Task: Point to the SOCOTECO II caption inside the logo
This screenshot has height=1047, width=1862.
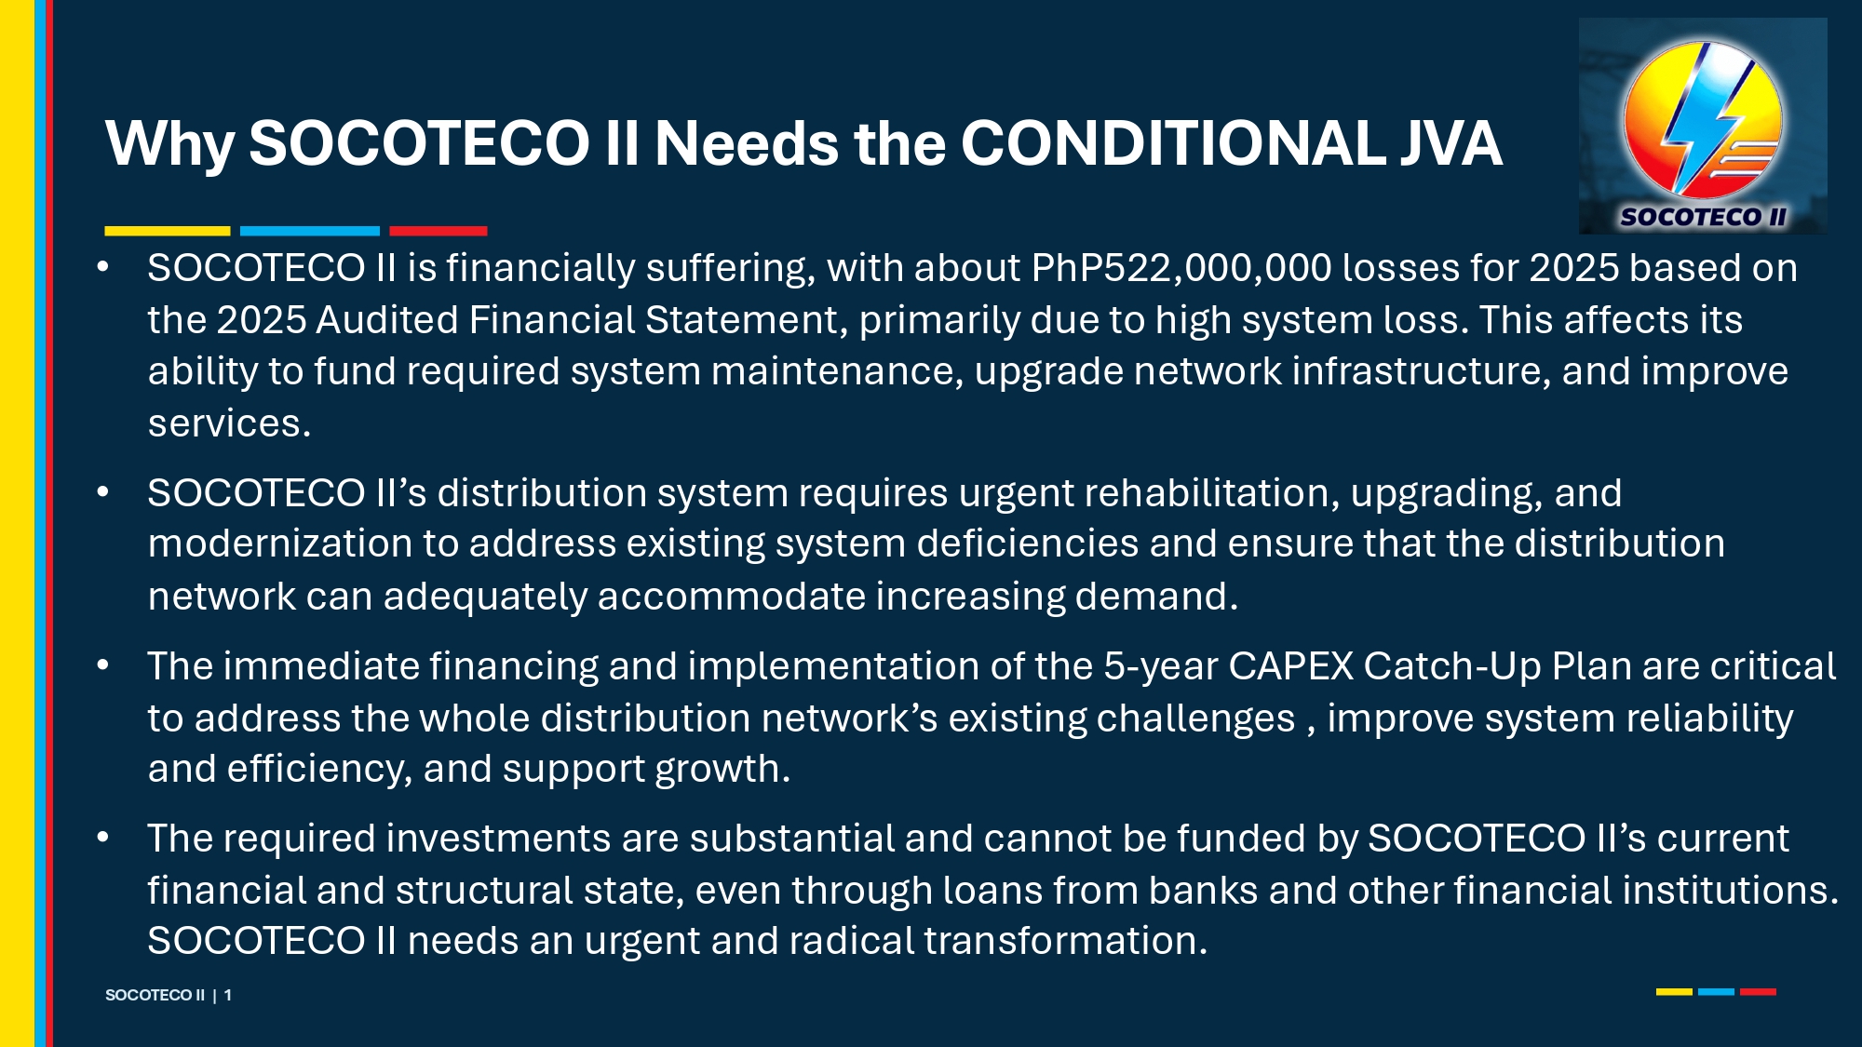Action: (x=1703, y=217)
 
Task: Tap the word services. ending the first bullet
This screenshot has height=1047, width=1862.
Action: (x=229, y=423)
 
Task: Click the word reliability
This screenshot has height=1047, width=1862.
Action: (x=1709, y=719)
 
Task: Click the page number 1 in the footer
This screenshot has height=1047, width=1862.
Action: (x=227, y=995)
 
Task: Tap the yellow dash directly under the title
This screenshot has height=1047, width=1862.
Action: (x=168, y=231)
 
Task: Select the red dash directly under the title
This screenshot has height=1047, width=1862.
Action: (x=439, y=231)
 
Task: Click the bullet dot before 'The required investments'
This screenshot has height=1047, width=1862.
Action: (x=103, y=838)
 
